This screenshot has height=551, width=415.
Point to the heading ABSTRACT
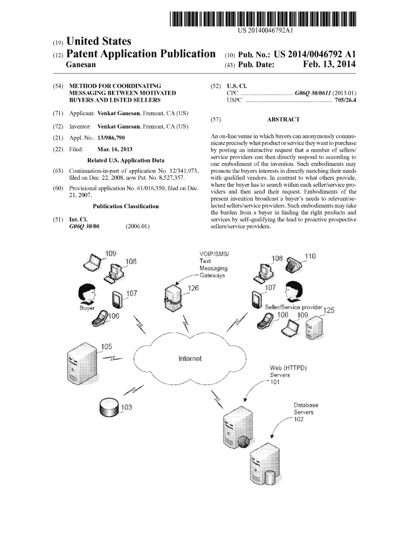[283, 120]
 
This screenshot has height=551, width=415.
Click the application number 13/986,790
[114, 138]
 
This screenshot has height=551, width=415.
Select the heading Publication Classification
[126, 206]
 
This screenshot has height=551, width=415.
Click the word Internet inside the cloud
[190, 358]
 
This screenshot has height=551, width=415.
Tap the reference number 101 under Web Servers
[275, 383]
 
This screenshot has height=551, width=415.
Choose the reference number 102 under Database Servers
[300, 420]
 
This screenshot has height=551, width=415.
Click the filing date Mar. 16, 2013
[115, 149]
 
